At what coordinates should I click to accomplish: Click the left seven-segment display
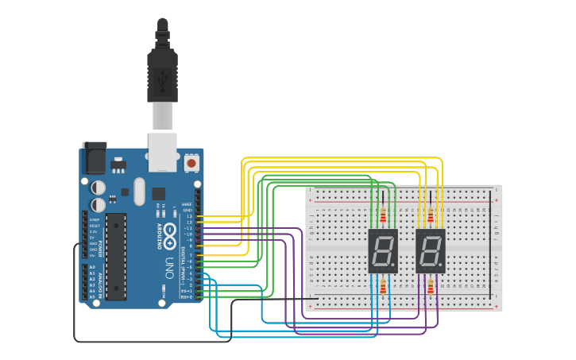pos(383,250)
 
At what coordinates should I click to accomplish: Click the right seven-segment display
pos(431,250)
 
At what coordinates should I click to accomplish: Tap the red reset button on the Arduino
pos(191,164)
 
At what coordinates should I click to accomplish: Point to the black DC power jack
pos(95,158)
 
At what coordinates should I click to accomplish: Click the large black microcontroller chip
pos(116,256)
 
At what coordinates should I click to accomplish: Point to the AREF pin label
pos(187,203)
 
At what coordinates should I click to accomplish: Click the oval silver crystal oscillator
pos(141,191)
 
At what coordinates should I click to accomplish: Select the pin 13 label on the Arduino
pos(188,215)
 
